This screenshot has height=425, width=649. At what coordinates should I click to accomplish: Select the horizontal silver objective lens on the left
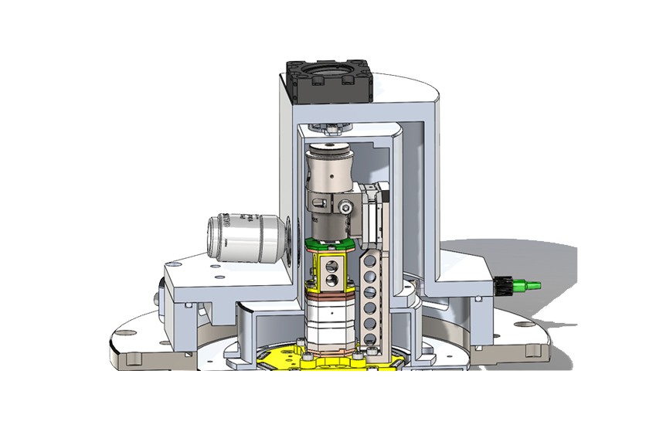[x=246, y=236]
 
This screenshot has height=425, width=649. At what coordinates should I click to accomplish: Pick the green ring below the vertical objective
[x=330, y=243]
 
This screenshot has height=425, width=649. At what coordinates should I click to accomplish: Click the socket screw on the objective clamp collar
[x=345, y=206]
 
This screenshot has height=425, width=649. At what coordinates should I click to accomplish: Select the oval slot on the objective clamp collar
[x=319, y=203]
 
